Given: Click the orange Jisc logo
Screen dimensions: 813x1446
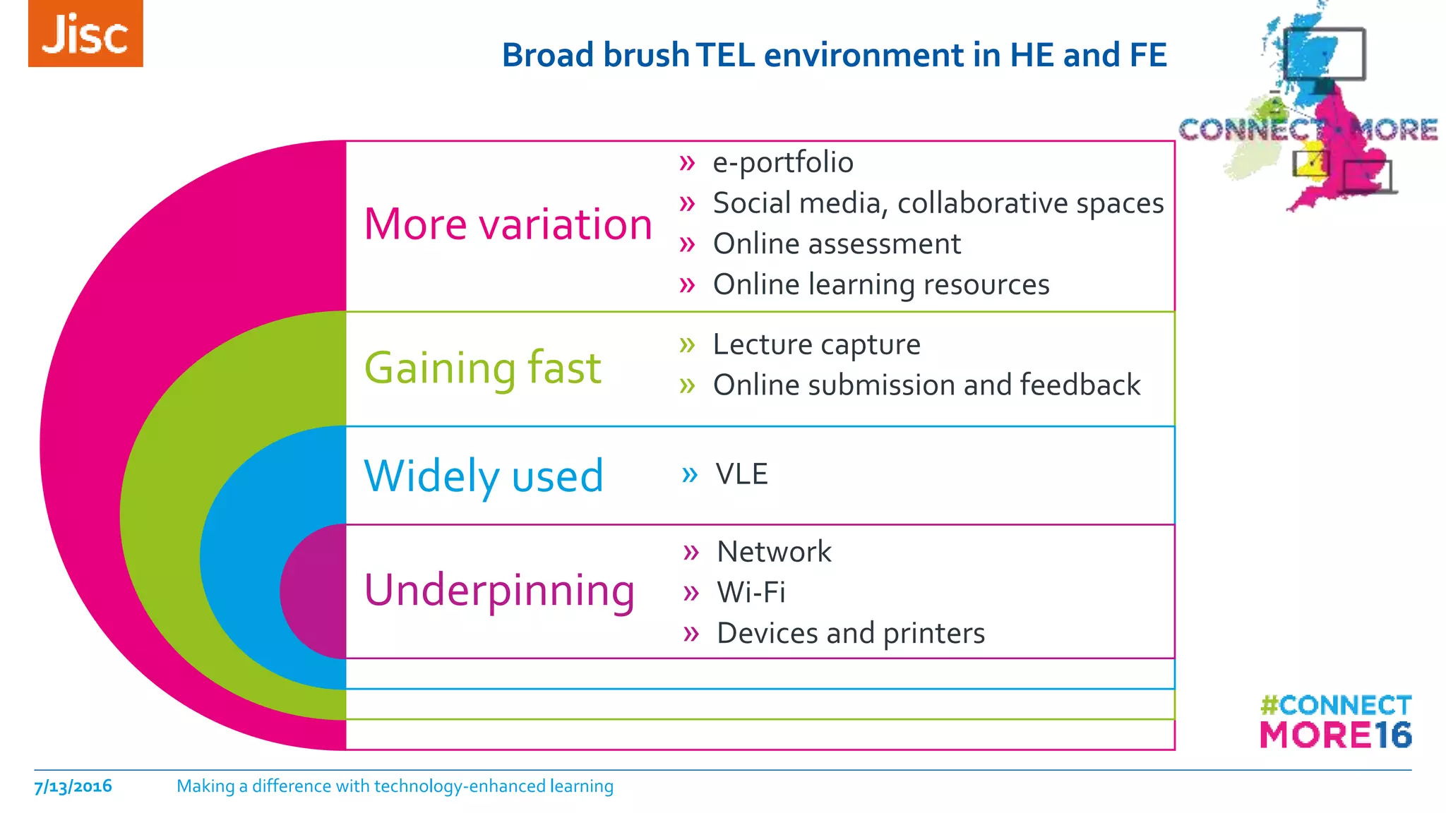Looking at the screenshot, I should (85, 34).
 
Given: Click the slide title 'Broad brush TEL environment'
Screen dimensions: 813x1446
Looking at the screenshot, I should (834, 55).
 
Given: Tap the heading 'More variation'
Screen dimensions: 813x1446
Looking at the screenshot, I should (508, 224).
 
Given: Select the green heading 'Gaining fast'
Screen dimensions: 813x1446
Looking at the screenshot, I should (482, 368).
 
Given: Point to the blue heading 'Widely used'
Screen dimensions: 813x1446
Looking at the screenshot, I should (484, 476).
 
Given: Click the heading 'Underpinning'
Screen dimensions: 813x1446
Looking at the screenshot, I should (499, 590).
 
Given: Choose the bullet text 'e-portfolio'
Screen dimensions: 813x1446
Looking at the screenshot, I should (783, 162).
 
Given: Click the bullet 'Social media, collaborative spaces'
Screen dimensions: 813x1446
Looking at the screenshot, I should (938, 203).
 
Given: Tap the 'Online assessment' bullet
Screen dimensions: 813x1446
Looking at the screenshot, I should (837, 244).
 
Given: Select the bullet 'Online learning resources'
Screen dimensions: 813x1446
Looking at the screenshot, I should (881, 284).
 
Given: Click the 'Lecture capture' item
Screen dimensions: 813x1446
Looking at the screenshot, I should (816, 344).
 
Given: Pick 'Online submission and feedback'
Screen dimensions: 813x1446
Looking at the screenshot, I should (926, 385).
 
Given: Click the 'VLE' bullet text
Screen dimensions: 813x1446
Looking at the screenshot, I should (741, 474).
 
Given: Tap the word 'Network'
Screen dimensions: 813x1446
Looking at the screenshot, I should (774, 552).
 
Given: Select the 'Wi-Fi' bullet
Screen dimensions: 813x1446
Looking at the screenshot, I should (751, 592).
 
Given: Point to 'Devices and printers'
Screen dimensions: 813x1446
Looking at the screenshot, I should (850, 633).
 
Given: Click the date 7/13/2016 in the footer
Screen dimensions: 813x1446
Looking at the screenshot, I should (73, 786).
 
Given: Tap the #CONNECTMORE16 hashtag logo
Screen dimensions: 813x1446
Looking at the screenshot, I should (1336, 722).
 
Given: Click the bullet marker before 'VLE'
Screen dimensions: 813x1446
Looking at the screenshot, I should (689, 474).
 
